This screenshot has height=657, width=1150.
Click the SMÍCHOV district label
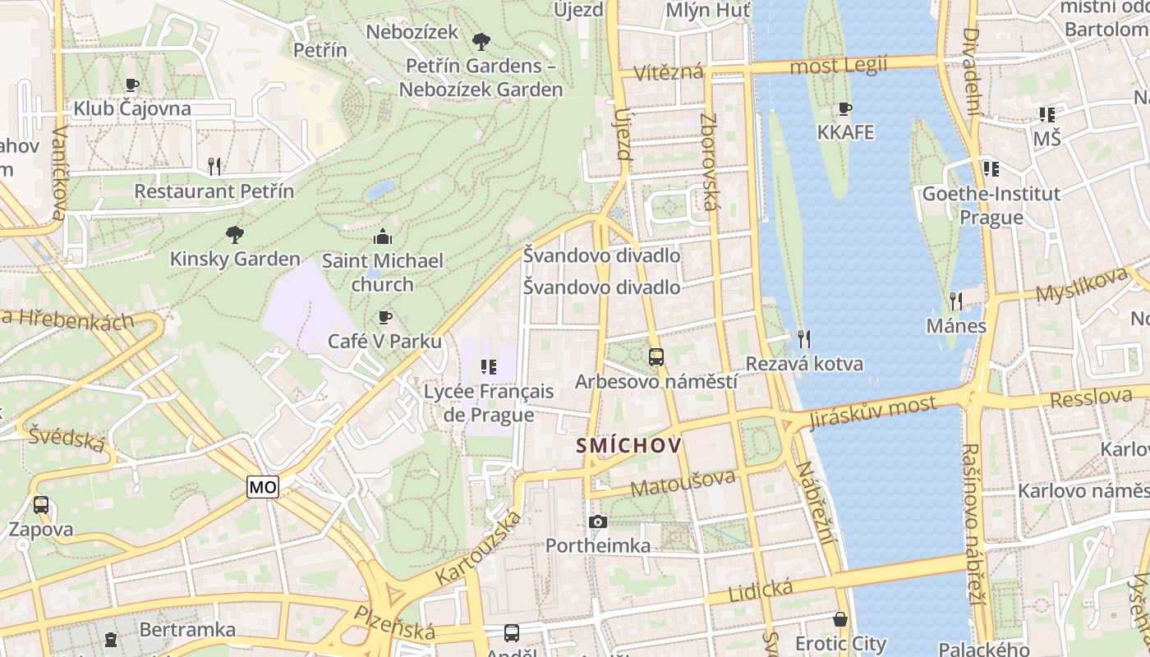click(x=629, y=446)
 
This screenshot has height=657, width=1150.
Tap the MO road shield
click(x=263, y=487)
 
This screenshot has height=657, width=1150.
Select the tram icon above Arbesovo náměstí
click(x=655, y=357)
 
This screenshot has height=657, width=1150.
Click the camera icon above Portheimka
click(x=598, y=521)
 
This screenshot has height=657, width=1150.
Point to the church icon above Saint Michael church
click(x=383, y=237)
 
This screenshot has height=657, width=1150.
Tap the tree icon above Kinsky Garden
click(x=235, y=235)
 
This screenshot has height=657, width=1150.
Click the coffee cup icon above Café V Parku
click(x=384, y=317)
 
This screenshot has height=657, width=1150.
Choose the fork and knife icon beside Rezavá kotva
click(x=804, y=338)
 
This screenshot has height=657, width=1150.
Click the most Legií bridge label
click(x=838, y=66)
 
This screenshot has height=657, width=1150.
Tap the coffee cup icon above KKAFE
click(x=844, y=108)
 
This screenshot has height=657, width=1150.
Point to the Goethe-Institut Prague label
click(x=991, y=205)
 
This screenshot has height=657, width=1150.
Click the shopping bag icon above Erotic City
click(x=840, y=619)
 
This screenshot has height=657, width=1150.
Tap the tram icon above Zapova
click(x=41, y=505)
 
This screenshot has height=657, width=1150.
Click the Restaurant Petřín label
click(x=214, y=191)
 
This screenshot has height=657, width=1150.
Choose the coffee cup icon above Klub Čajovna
click(x=132, y=85)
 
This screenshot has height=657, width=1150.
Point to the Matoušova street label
click(x=683, y=482)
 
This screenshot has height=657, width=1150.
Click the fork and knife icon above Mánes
click(x=955, y=301)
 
